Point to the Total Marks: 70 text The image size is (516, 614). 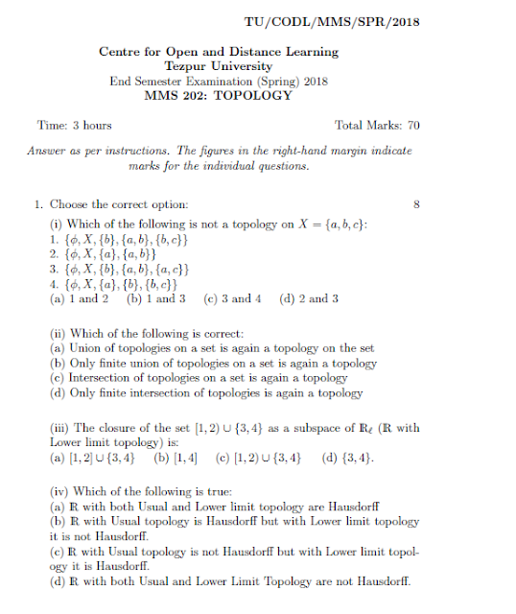(x=376, y=126)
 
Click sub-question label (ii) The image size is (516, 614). (x=59, y=333)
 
